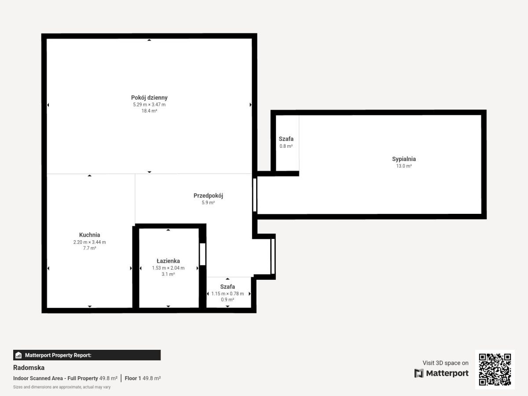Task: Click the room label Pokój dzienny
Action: pos(149,98)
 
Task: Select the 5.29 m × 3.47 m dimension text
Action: pos(149,105)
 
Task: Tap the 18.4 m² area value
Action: pos(149,111)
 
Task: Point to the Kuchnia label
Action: pos(89,235)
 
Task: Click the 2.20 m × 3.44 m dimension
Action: pos(89,242)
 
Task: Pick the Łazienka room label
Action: pos(168,261)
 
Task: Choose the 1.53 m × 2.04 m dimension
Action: pos(168,268)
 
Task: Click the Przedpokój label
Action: pos(208,196)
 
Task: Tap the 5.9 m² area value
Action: pos(208,203)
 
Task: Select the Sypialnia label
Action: pos(404,159)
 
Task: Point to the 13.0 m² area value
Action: pos(404,166)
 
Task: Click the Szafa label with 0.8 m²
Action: pos(286,139)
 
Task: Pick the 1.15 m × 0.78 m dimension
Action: pos(227,293)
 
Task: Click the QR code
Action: pos(495,370)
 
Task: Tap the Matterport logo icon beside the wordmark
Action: pos(419,373)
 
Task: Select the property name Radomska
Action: pos(29,368)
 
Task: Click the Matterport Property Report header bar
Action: pos(87,355)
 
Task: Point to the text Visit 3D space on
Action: pos(445,363)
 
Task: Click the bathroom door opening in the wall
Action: pos(202,254)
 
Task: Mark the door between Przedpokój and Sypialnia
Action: pos(255,195)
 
